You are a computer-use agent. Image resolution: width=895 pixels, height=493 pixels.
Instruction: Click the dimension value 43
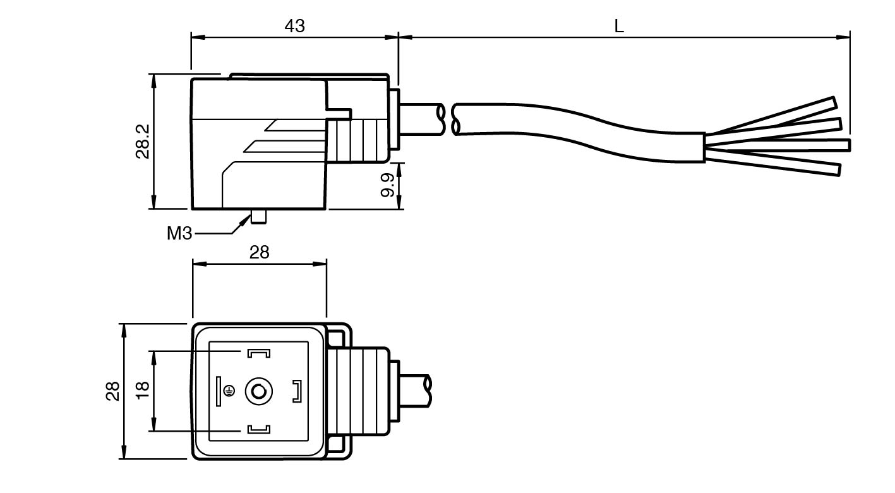(x=294, y=26)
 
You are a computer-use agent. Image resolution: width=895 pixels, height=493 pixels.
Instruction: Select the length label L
(x=619, y=27)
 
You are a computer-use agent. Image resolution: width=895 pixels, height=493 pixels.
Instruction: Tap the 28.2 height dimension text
(x=143, y=140)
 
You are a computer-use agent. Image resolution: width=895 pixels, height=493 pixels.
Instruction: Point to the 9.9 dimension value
(x=388, y=185)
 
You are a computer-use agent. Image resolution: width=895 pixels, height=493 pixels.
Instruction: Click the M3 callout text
(x=179, y=233)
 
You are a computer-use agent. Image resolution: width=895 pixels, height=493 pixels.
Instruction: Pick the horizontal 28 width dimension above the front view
(x=259, y=253)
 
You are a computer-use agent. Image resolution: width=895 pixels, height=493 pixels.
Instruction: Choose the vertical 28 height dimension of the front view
(x=112, y=391)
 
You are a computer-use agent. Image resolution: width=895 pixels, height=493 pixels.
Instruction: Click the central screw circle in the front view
(x=258, y=392)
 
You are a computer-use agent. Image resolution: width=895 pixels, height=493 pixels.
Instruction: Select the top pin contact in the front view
(x=258, y=353)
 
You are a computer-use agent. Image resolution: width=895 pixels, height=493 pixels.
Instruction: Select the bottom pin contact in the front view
(x=258, y=430)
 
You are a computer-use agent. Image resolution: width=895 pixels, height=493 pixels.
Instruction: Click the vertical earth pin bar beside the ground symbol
(x=218, y=392)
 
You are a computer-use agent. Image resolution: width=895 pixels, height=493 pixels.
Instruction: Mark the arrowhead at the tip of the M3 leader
(x=245, y=219)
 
